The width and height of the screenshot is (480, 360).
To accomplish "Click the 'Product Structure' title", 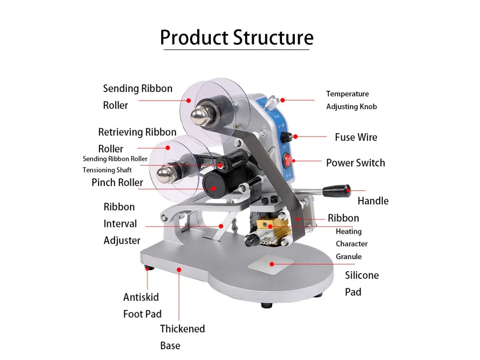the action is pos(237,37).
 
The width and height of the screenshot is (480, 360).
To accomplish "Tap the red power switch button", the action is pos(288,160).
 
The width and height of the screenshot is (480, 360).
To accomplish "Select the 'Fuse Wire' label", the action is pos(356,137).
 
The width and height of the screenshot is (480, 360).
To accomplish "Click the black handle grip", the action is pos(337,191).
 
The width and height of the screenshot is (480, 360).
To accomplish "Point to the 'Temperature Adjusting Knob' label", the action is pos(351,100).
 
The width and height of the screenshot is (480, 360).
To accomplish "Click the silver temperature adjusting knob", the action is pos(271,102).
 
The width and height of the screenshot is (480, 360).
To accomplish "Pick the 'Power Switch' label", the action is pos(355,163).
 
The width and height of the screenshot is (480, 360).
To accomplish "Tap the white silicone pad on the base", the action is pos(271,264).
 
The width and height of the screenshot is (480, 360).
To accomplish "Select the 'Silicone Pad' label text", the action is pos(362,284).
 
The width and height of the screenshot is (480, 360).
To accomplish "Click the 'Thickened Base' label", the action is pos(182,337).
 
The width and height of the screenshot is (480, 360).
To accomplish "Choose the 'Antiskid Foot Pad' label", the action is pos(142,305).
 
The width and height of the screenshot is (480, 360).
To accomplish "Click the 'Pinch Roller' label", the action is pos(117,182).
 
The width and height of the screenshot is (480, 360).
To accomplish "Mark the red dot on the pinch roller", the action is pos(213,188).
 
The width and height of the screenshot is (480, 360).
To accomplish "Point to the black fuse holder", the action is pos(286,137).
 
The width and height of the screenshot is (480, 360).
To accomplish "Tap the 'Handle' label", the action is pos(373,201).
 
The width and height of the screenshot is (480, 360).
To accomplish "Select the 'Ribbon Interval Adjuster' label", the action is pos(122,223).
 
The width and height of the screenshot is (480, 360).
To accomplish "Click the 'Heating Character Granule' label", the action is pos(351,244).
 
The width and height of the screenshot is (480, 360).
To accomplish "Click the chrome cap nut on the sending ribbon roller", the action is pos(199,116).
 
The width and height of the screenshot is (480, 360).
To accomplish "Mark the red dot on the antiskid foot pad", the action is pos(147,268).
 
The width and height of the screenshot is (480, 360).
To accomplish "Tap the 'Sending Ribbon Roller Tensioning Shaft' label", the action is pos(115,164).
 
